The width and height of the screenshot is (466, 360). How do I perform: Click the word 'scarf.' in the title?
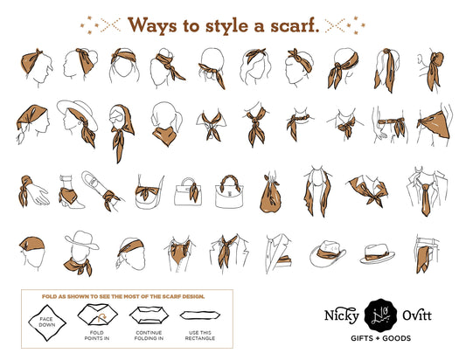(x=295, y=25)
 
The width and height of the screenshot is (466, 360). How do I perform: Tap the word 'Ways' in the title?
(x=152, y=25)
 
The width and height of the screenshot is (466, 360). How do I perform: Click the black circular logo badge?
(x=380, y=315)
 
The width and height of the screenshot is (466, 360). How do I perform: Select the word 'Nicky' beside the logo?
(x=342, y=315)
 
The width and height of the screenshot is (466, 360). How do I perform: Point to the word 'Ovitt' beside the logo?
(x=417, y=315)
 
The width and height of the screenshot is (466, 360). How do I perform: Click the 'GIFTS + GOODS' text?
(x=380, y=338)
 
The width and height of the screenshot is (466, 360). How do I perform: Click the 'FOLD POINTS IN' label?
(x=96, y=336)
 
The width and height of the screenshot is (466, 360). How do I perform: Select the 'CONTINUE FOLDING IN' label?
(x=149, y=336)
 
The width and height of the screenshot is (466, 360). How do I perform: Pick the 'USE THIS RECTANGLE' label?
(x=199, y=336)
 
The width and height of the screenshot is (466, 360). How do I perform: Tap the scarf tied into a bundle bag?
(x=271, y=195)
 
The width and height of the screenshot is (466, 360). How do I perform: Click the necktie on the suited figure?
(x=426, y=199)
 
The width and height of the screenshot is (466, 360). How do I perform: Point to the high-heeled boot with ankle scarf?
(x=69, y=192)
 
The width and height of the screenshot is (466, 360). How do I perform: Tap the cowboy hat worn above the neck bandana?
(x=81, y=239)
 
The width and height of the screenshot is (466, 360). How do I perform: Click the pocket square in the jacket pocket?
(x=284, y=259)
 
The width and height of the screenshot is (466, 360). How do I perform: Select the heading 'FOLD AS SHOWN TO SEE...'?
(x=123, y=296)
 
